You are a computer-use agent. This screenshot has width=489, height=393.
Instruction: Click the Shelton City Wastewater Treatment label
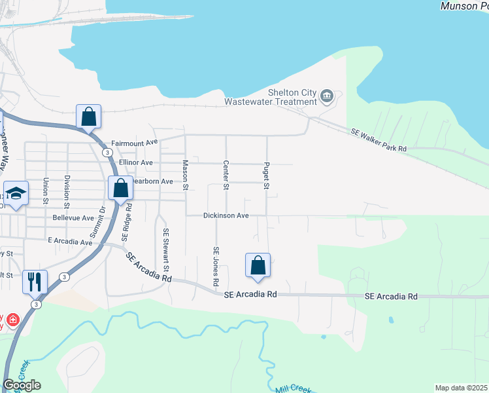click(271, 97)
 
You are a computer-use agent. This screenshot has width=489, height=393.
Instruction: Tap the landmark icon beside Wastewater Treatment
click(327, 97)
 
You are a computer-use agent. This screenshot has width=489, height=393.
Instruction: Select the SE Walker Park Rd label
click(379, 141)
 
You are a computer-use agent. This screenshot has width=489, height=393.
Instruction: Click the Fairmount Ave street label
click(135, 143)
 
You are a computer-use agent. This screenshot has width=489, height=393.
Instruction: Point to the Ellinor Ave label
click(135, 162)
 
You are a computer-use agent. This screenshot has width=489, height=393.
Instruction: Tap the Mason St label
click(186, 176)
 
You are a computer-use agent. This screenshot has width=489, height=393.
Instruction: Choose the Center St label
click(226, 176)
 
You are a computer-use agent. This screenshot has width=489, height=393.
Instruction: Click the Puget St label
click(267, 176)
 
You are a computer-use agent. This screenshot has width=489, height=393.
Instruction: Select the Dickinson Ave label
click(226, 215)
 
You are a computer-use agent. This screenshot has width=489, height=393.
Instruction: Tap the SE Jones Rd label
click(215, 266)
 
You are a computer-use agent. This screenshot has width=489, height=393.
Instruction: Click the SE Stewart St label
click(166, 250)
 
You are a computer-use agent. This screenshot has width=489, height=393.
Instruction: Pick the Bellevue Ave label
click(73, 217)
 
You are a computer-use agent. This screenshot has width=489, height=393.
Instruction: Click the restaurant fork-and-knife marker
click(35, 282)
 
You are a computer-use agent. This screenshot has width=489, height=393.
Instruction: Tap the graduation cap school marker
click(16, 194)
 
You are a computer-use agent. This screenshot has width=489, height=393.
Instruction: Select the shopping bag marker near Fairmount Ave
click(88, 117)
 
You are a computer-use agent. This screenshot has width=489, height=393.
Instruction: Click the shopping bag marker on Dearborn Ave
click(121, 189)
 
